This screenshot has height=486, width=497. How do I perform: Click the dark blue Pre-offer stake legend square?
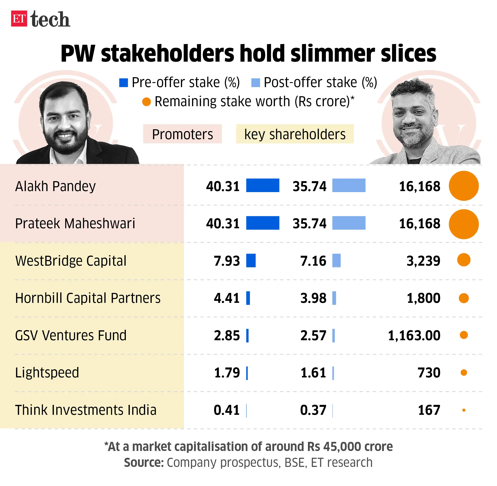[x=123, y=83]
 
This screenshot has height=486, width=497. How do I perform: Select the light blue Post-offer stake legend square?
[x=255, y=83]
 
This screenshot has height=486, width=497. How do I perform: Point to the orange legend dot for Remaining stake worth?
[x=147, y=102]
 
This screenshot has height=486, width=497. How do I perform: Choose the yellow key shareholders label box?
[x=295, y=134]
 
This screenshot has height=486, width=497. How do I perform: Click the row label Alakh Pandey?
[x=55, y=186]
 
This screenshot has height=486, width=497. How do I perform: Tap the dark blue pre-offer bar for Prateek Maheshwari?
[x=263, y=223]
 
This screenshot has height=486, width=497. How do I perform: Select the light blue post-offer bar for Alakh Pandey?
[x=348, y=185]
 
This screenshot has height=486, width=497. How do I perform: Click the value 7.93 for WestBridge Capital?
[x=227, y=261]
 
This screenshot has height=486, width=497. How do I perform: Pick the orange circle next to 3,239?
[x=464, y=260]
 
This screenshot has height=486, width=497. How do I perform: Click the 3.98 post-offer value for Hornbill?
[x=313, y=298]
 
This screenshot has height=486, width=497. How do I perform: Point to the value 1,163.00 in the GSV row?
[x=414, y=335]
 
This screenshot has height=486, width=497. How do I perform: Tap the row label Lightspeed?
[x=47, y=373]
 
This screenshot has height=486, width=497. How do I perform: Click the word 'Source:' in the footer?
[x=144, y=463]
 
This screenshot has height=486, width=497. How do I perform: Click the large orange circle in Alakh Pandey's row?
[x=464, y=186]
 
